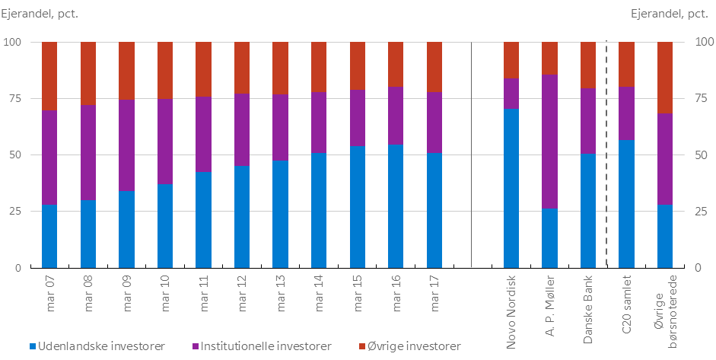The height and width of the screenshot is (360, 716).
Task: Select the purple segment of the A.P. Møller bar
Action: (x=549, y=141)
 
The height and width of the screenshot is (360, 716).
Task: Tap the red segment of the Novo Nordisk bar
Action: (x=511, y=60)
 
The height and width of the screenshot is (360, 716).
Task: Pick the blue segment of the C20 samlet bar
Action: (x=626, y=204)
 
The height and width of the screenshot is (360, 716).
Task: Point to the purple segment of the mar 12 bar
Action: (x=242, y=129)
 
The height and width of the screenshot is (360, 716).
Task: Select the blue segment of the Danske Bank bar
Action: (x=588, y=211)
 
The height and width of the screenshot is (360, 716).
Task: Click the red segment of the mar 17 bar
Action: (x=434, y=67)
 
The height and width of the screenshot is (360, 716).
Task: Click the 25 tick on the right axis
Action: (x=702, y=212)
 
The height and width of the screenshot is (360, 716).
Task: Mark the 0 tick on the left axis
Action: (x=18, y=268)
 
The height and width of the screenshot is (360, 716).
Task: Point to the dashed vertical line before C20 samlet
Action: (x=606, y=152)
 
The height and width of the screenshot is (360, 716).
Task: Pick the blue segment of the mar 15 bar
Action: (x=358, y=207)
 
